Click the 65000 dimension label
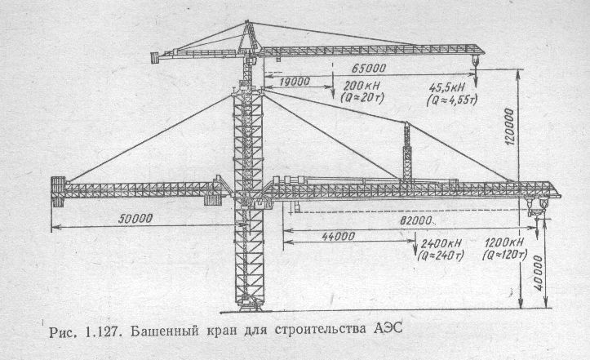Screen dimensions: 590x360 click(369, 68)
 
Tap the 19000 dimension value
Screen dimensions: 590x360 click(295, 82)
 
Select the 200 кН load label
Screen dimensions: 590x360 click(362, 86)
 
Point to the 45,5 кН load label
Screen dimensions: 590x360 click(446, 88)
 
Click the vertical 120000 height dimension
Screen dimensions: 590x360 click(508, 127)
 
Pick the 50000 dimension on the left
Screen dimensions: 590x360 click(135, 219)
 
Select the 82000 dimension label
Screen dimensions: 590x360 click(415, 220)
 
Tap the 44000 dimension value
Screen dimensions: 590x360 click(339, 236)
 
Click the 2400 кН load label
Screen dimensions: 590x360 click(441, 243)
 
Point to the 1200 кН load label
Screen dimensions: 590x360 click(504, 242)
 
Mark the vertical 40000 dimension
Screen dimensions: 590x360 click(538, 273)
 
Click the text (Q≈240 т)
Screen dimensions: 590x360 click(441, 256)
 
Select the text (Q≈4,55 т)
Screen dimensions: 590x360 click(452, 100)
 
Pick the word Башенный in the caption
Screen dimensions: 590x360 click(164, 331)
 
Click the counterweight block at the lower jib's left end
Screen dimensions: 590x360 click(58, 192)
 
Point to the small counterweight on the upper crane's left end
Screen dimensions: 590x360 click(155, 58)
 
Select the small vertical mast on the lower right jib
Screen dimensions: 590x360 click(406, 152)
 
